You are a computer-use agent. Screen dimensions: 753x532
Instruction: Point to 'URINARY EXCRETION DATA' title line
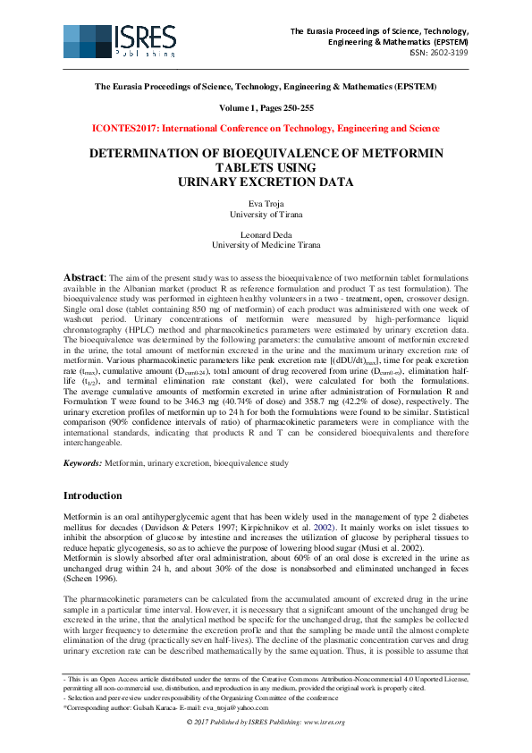[266, 182]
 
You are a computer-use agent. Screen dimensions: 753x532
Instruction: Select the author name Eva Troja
[266, 204]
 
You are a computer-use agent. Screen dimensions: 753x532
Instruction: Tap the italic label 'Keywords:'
[82, 463]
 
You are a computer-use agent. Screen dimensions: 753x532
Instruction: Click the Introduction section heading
[92, 496]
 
